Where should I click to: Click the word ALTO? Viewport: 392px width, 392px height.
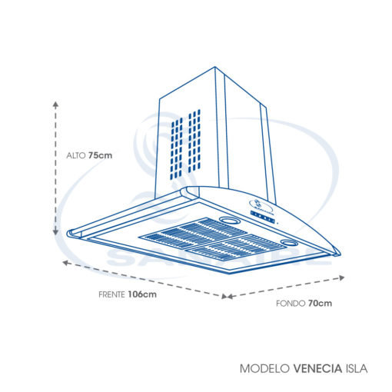click(76, 155)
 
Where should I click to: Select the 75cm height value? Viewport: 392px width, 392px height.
click(101, 155)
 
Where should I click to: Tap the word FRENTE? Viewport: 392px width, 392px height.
click(111, 294)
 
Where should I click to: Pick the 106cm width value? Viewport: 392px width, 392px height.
click(142, 294)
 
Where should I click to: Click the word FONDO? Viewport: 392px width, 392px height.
click(291, 304)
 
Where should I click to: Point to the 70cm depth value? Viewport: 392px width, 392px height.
click(320, 304)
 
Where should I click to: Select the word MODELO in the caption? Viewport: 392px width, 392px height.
click(264, 369)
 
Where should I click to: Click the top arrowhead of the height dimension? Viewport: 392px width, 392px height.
click(55, 104)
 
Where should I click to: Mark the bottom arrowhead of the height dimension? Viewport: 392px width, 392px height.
click(55, 232)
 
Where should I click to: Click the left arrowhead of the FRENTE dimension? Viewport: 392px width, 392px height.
click(66, 263)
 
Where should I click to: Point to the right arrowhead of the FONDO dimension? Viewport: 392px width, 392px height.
click(341, 277)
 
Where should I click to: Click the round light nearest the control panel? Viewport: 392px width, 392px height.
click(228, 220)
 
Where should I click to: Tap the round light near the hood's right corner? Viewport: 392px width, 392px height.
click(289, 242)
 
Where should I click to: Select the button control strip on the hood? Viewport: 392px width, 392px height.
click(263, 218)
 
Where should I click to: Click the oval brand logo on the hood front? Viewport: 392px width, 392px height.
click(261, 205)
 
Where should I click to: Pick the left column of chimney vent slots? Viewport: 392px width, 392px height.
click(177, 148)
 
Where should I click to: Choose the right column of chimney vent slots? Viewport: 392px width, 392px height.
click(194, 141)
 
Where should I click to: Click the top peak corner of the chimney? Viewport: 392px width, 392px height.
click(214, 67)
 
